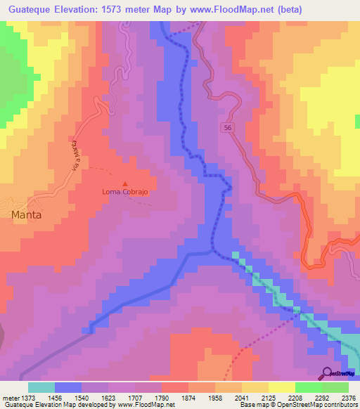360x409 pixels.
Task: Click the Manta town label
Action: click(x=26, y=215)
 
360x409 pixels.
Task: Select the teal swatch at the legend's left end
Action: click(x=41, y=387)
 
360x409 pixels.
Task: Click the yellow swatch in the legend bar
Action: click(x=281, y=387)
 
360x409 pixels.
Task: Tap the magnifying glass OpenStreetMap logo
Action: click(x=326, y=373)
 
